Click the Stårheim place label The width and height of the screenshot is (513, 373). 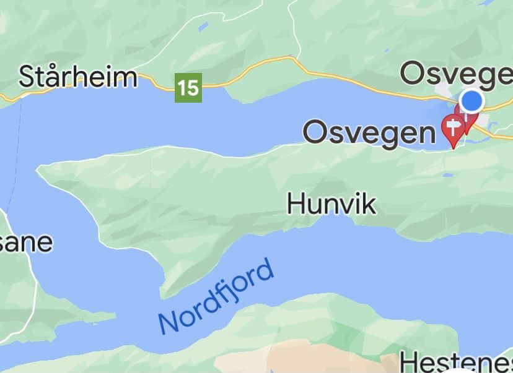click(x=77, y=77)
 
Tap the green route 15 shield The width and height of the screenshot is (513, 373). click(x=188, y=88)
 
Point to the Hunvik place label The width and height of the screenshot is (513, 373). click(x=331, y=204)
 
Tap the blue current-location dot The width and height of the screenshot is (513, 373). click(x=472, y=100)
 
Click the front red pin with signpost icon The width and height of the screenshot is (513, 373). click(x=454, y=129)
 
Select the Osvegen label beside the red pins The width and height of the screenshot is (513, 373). click(x=369, y=132)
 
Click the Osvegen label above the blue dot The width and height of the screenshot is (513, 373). click(x=456, y=74)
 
